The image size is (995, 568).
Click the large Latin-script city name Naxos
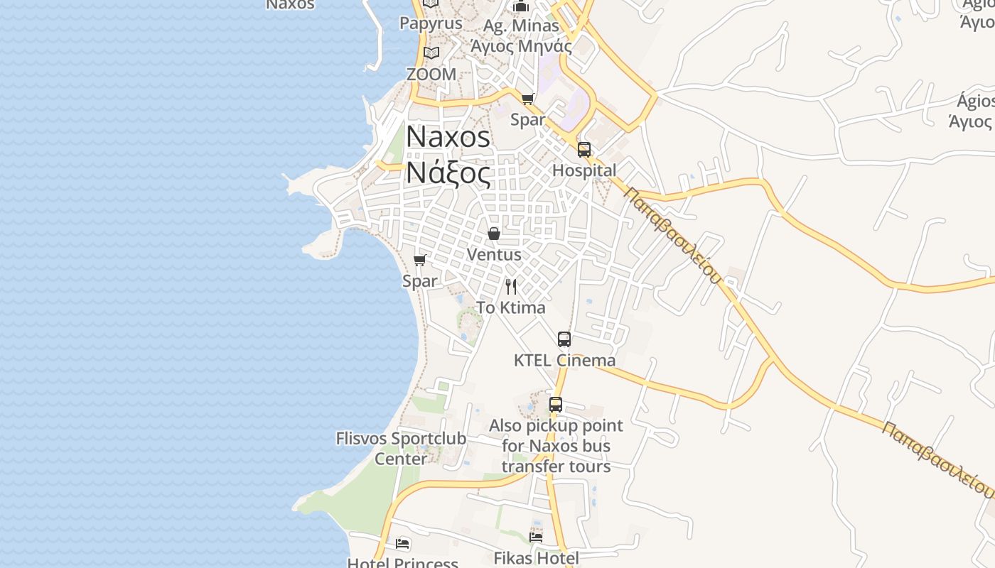pos(448,137)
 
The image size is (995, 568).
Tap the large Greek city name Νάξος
pos(448,173)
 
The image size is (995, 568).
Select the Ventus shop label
pos(494,254)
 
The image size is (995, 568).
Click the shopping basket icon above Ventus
pos(494,233)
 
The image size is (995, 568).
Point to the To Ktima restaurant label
pos(510,307)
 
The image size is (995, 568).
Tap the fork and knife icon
pos(511,287)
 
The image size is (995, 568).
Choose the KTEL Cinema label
pos(564,360)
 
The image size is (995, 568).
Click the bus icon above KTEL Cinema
pos(564,339)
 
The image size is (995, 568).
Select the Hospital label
pos(584,170)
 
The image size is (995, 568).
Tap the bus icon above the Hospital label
pos(584,149)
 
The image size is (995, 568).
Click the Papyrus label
pos(431,23)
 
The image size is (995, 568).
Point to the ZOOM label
pos(431,74)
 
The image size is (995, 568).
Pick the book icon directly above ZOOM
pos(431,53)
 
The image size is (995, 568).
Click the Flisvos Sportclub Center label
pos(401,448)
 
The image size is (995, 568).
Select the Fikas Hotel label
pos(536,558)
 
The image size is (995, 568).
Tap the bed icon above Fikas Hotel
pos(536,537)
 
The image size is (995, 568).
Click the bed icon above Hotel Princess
pos(402,545)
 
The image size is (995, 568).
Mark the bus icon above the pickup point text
pos(556,405)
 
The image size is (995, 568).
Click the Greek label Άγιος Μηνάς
pos(521,46)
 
